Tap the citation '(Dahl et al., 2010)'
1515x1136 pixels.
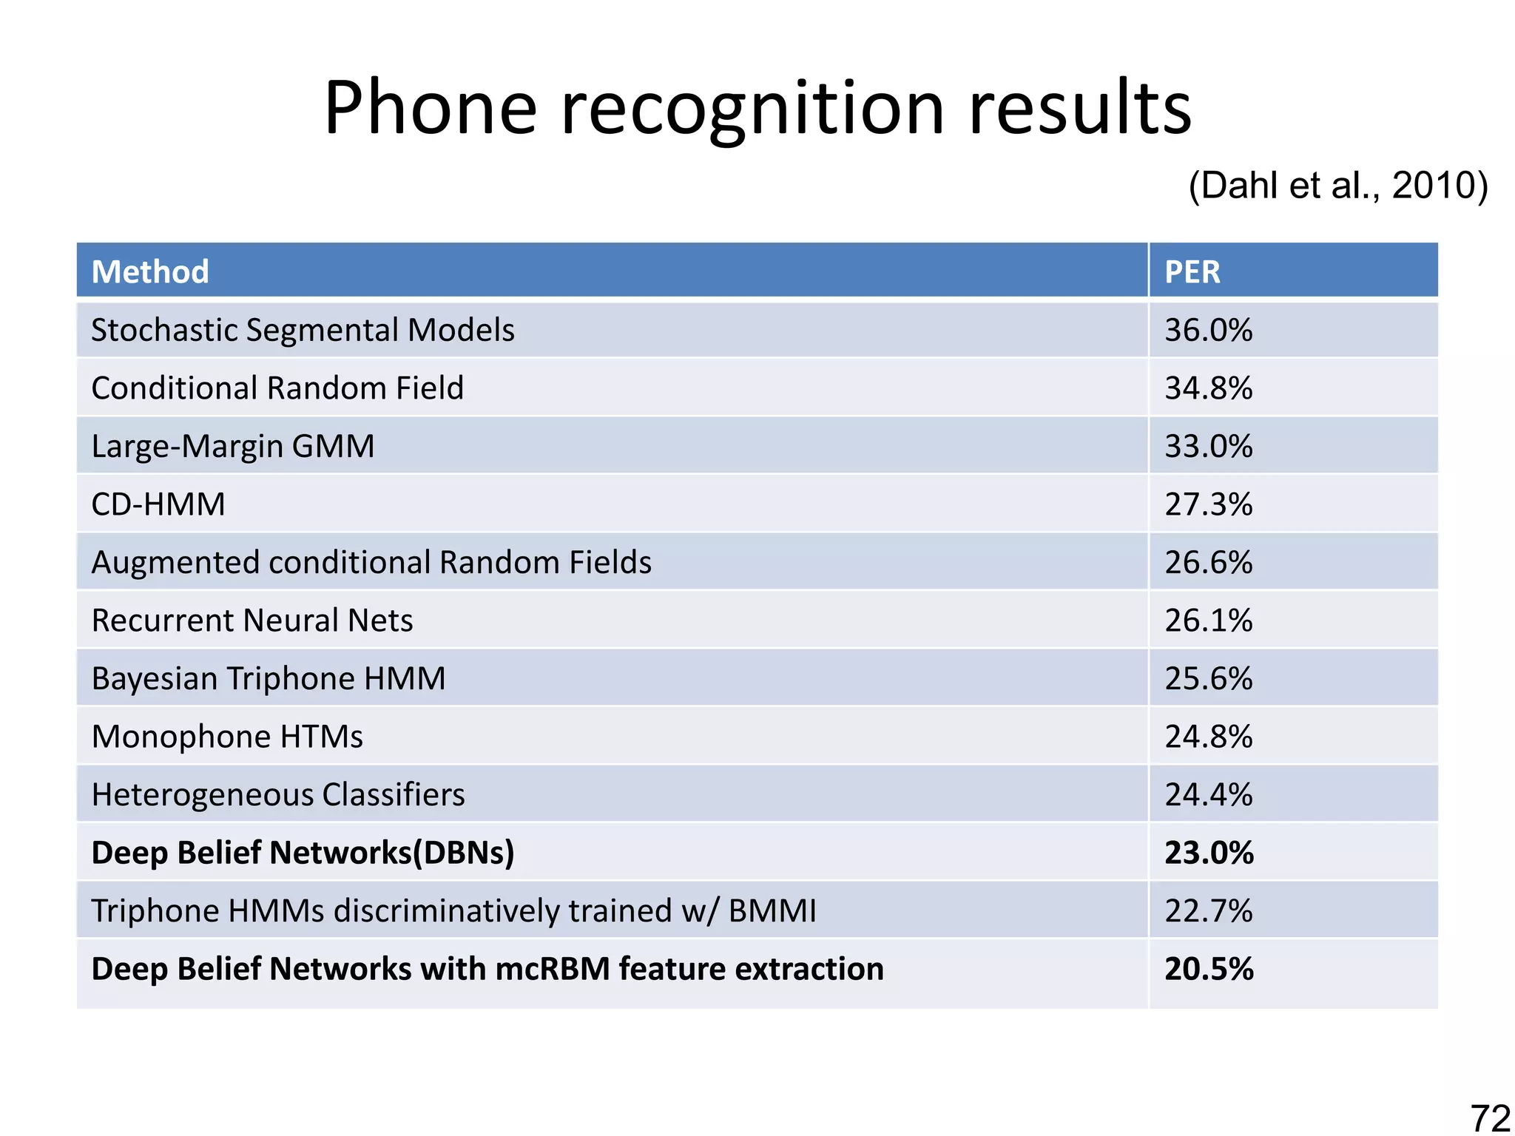point(1337,185)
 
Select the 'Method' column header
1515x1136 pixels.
point(150,271)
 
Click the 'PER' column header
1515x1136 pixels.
point(1192,271)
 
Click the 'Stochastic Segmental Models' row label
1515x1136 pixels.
point(303,330)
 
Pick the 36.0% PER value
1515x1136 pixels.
point(1209,330)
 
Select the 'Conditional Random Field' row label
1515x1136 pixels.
point(277,388)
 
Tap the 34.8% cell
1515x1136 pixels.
point(1209,388)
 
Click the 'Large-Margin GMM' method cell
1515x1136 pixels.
point(233,446)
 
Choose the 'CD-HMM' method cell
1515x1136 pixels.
point(158,504)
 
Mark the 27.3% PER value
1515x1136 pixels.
point(1209,504)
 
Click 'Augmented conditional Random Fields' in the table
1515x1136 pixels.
point(371,562)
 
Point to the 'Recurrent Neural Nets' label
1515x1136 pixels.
point(252,621)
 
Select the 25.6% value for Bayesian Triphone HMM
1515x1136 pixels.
point(1209,678)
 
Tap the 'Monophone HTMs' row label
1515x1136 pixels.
point(227,737)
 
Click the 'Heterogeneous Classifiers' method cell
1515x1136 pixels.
point(278,794)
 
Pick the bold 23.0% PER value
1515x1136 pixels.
point(1209,853)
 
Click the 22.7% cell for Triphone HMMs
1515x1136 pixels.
point(1209,910)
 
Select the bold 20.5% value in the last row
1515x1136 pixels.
point(1209,969)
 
